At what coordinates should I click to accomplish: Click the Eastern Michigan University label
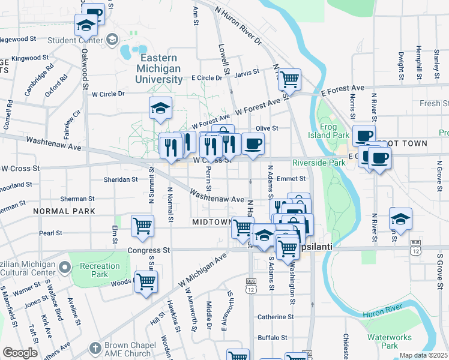pyautogui.click(x=158, y=68)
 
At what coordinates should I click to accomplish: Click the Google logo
pyautogui.click(x=20, y=353)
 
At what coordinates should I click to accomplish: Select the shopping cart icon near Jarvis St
pyautogui.click(x=289, y=79)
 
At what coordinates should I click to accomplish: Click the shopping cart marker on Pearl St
pyautogui.click(x=143, y=226)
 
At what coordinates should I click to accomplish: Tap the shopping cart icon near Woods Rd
pyautogui.click(x=146, y=281)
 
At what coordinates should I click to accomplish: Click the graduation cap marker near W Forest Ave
pyautogui.click(x=160, y=108)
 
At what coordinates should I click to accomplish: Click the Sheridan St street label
pyautogui.click(x=121, y=179)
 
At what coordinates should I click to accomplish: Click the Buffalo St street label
pyautogui.click(x=274, y=338)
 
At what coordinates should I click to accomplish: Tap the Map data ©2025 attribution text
pyautogui.click(x=423, y=355)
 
